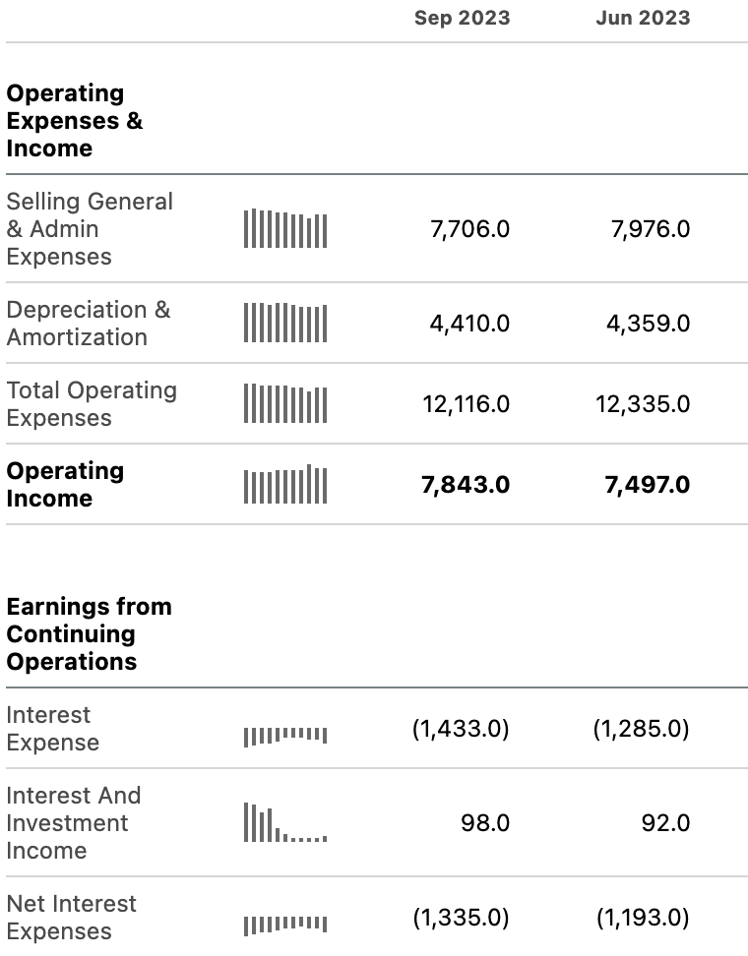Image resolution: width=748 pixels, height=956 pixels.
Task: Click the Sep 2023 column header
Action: tap(462, 18)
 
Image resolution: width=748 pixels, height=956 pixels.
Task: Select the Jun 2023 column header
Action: tap(643, 18)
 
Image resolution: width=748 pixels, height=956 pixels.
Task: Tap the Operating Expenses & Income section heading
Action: tap(75, 120)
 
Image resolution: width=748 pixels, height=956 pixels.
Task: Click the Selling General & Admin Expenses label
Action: tap(90, 228)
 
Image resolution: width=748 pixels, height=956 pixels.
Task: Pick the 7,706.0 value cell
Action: tap(469, 229)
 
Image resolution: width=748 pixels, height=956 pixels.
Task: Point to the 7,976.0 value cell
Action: tap(651, 229)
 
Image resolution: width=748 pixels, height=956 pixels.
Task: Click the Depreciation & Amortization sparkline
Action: tap(285, 323)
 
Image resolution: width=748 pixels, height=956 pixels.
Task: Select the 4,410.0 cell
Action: tap(469, 324)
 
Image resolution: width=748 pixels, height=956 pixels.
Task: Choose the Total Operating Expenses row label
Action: tap(92, 403)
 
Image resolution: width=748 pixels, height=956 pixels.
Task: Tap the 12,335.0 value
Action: tap(643, 403)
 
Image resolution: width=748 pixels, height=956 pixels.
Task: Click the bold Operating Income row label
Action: tap(65, 484)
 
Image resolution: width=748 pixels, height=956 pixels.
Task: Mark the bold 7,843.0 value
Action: tap(466, 485)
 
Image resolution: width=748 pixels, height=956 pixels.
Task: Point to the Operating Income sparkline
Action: tap(285, 484)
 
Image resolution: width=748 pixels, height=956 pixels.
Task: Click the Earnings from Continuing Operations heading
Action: tap(90, 633)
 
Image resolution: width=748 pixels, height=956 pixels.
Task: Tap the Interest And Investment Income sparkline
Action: tap(285, 822)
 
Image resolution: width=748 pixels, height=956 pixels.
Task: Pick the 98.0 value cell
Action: tap(485, 823)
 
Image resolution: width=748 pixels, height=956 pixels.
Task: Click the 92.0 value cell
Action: tap(665, 823)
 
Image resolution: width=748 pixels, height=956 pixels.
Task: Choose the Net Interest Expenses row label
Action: tap(72, 917)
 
